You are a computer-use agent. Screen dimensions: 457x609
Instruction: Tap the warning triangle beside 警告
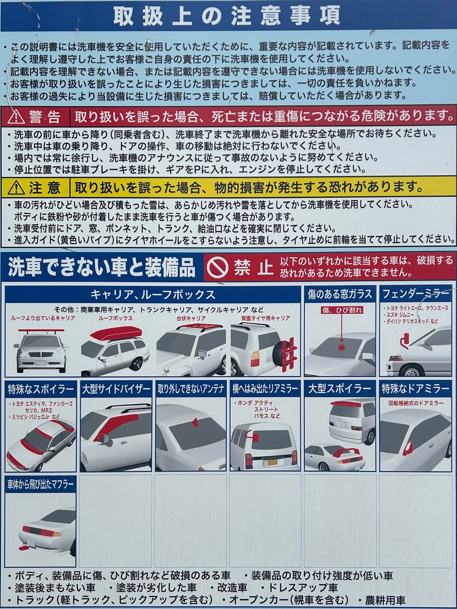pyautogui.click(x=16, y=117)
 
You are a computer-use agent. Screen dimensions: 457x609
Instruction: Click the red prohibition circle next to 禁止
pyautogui.click(x=217, y=267)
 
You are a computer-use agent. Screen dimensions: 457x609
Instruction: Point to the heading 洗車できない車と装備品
pyautogui.click(x=102, y=267)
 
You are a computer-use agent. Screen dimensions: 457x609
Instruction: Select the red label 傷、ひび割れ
pyautogui.click(x=342, y=310)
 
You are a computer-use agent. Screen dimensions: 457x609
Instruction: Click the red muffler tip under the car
pyautogui.click(x=23, y=548)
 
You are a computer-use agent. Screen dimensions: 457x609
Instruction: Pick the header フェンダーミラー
pyautogui.click(x=415, y=294)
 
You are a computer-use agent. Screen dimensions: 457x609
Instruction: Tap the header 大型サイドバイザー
pyautogui.click(x=116, y=389)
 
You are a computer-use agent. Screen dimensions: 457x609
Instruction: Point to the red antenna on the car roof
pyautogui.click(x=195, y=423)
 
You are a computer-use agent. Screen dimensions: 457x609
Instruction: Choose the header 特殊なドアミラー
pyautogui.click(x=415, y=389)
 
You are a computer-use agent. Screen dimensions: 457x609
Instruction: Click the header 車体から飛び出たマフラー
pyautogui.click(x=40, y=484)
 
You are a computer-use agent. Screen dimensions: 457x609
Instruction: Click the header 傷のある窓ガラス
pyautogui.click(x=340, y=294)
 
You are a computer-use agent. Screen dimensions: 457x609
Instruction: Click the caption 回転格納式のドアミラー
pyautogui.click(x=416, y=403)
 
